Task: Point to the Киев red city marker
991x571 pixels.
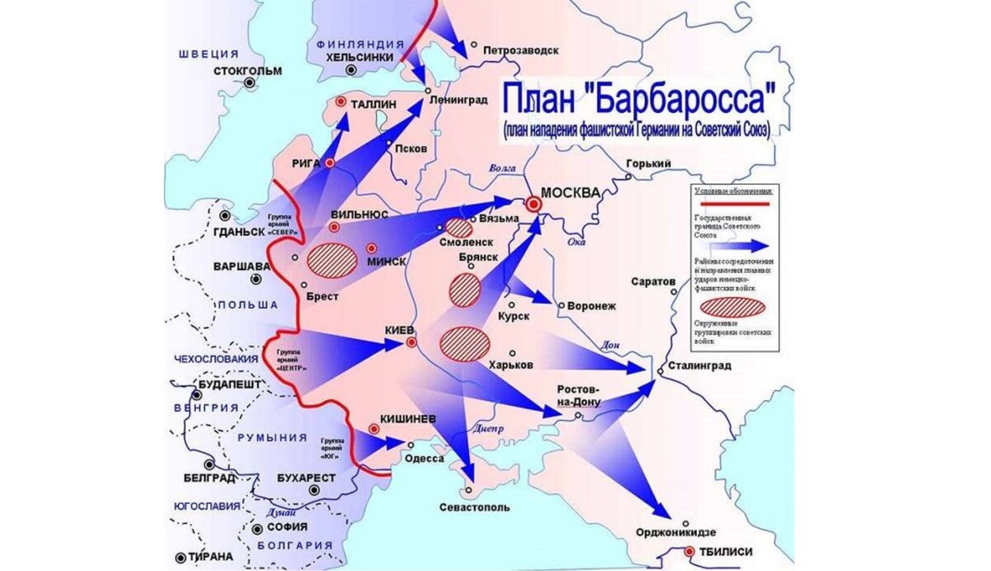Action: point(411,342)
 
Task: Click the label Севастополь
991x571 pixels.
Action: point(474,507)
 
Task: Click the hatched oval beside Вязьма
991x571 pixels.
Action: point(458,229)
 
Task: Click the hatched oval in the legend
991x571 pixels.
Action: point(732,308)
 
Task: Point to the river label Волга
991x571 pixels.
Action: point(502,168)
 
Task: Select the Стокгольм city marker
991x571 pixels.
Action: point(249,83)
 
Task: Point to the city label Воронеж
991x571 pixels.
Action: point(593,306)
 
